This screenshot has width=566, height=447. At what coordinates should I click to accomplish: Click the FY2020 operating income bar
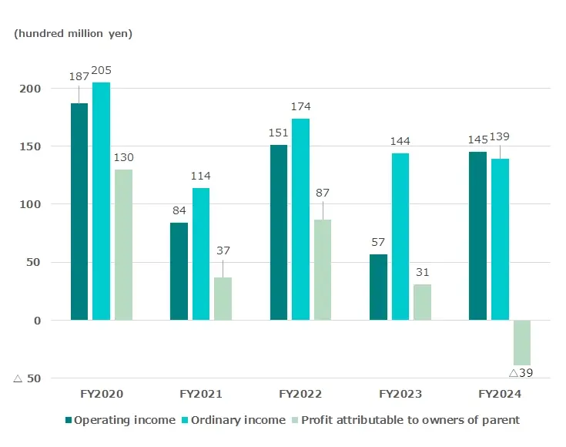tap(79, 212)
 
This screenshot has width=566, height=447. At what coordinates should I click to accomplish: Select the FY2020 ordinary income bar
tap(101, 201)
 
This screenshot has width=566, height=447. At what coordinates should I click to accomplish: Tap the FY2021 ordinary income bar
tap(201, 254)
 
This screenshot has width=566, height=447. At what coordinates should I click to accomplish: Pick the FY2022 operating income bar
tap(279, 232)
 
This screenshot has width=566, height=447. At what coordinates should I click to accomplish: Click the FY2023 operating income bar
tap(378, 287)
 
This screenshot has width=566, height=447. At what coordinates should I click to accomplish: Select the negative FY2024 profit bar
tap(522, 342)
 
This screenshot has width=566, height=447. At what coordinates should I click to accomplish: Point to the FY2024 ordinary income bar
tap(500, 239)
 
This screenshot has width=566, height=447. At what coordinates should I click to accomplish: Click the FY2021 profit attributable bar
tap(223, 298)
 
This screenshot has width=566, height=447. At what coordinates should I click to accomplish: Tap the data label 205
tap(101, 70)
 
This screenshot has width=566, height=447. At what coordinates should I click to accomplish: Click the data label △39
tap(521, 373)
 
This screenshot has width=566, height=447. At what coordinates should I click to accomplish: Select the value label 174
tap(300, 106)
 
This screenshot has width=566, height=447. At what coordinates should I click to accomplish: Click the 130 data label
tap(123, 157)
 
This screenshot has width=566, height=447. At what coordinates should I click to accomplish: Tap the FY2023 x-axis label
tap(400, 394)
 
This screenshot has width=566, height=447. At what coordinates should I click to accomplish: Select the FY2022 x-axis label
tap(300, 394)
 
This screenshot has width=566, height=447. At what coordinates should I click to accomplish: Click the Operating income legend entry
tap(123, 420)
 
